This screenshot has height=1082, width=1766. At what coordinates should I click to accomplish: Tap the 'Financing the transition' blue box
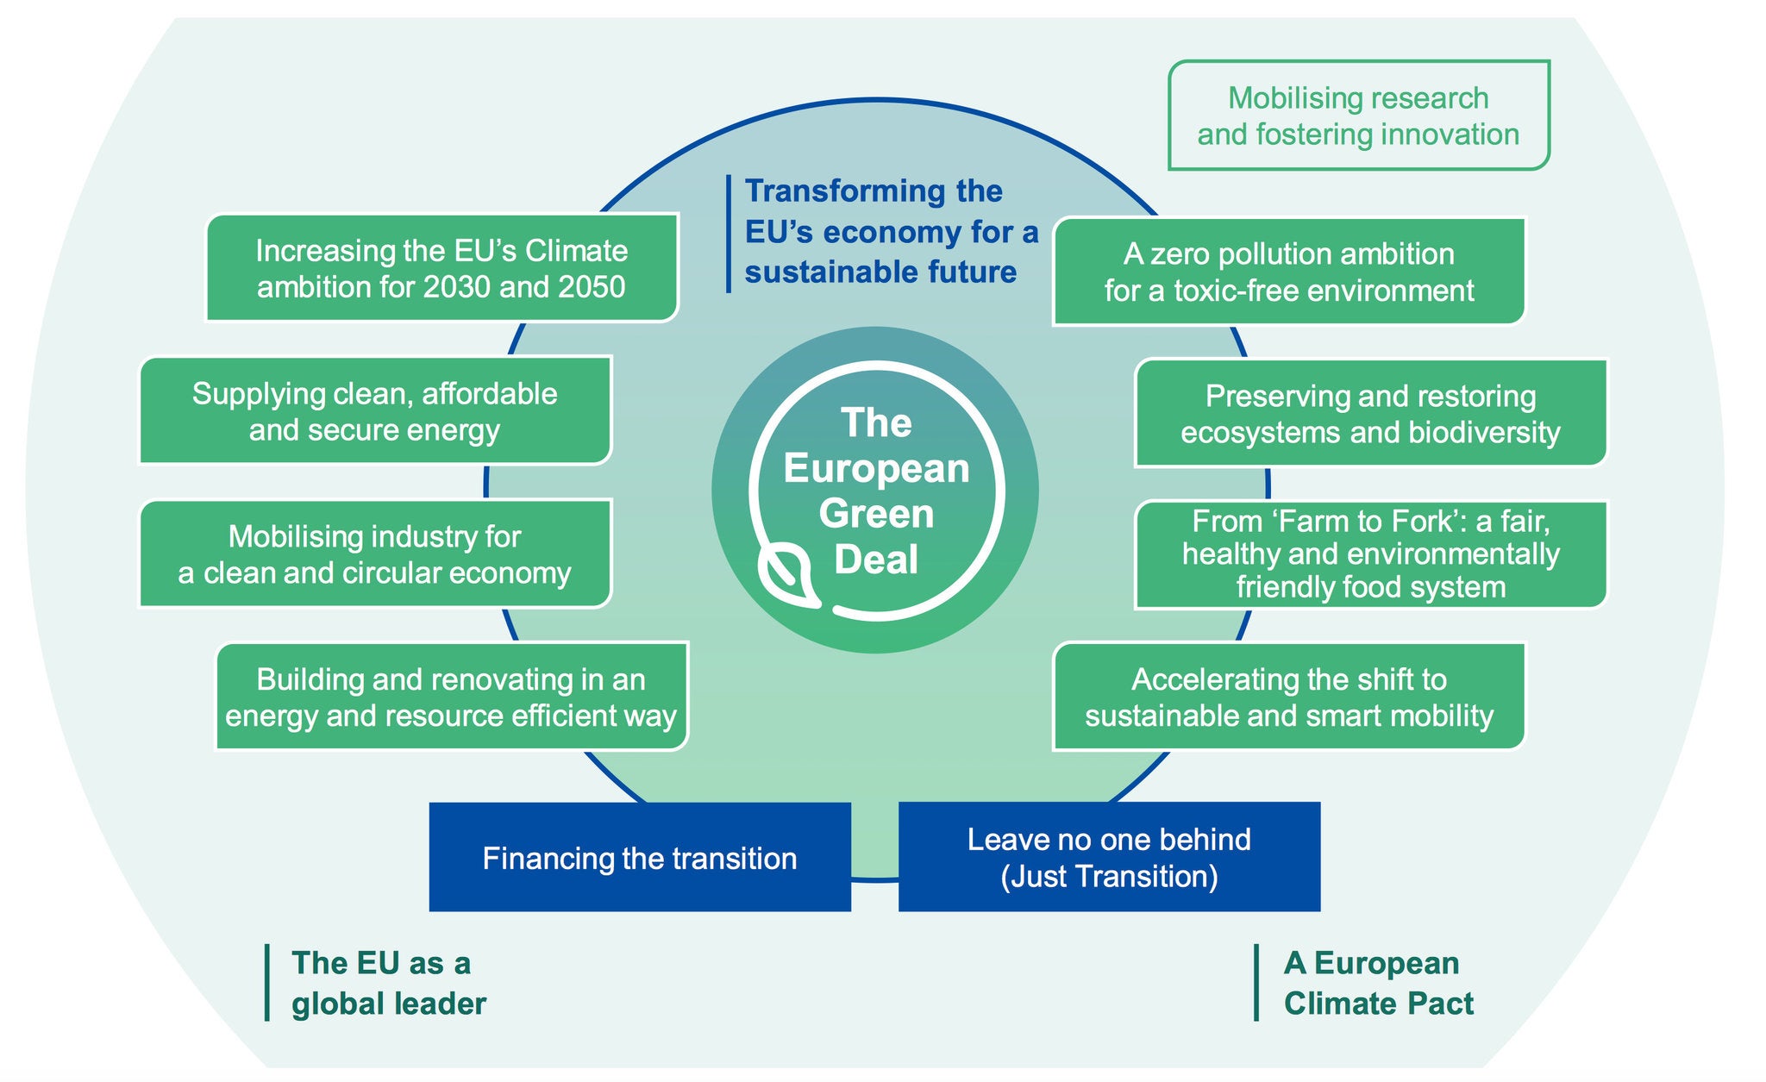(640, 857)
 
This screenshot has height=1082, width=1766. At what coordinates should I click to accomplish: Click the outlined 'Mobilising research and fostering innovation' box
(1358, 116)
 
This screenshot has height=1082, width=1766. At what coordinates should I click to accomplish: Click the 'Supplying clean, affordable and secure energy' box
(375, 411)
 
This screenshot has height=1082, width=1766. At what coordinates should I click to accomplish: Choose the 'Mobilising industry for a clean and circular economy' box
(375, 554)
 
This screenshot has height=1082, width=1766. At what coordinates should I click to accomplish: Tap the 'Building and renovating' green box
(451, 697)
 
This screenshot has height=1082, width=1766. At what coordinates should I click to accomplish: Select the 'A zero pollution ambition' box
(1288, 272)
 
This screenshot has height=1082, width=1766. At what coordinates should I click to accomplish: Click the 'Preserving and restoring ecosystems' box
(1370, 414)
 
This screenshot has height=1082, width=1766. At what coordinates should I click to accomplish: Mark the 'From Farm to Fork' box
(1370, 554)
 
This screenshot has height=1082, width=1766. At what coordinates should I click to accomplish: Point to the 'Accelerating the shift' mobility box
(1288, 697)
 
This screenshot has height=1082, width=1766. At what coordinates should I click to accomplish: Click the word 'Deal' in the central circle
(876, 560)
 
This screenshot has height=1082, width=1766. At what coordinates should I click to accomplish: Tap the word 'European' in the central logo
(876, 469)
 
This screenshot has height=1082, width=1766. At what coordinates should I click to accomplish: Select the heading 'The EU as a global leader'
(388, 983)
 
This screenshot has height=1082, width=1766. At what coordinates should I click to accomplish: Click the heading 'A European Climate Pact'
(1378, 983)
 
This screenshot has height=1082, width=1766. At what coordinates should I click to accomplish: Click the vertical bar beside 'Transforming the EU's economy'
(729, 234)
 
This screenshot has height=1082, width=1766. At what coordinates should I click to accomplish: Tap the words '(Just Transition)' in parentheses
(1109, 876)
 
